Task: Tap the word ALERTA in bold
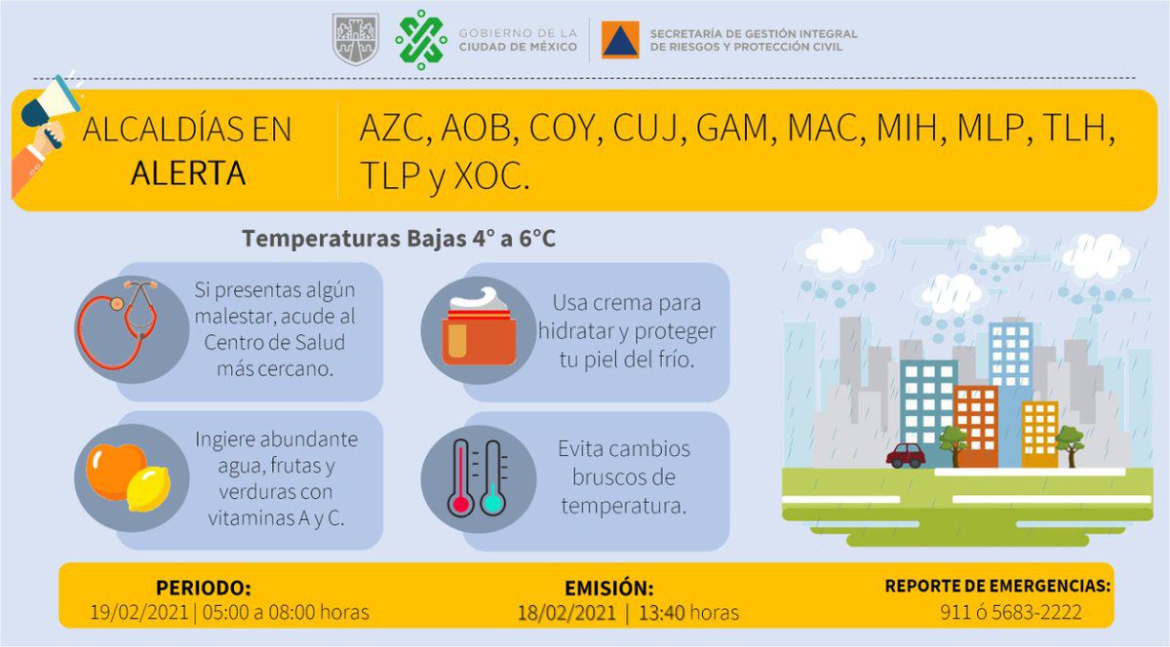tap(187, 173)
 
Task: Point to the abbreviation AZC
tap(394, 129)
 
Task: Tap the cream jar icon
tap(479, 330)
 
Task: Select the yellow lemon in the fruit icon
tap(148, 486)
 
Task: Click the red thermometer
tap(461, 478)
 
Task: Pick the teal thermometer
tap(492, 478)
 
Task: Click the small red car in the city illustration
tap(906, 455)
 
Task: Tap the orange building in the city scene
tap(975, 423)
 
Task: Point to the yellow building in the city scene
tap(1039, 433)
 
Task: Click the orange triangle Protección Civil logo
tap(620, 40)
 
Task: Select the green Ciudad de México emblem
tap(420, 40)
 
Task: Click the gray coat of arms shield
tap(356, 40)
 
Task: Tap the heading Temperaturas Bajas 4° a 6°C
tap(399, 238)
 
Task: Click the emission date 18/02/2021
tap(566, 613)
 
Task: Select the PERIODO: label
tap(203, 589)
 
